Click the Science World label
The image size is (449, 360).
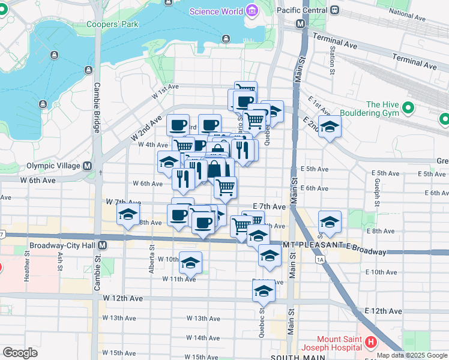coord(216,11)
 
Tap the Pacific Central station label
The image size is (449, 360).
coord(303,11)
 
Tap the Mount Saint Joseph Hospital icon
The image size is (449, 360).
coord(370,343)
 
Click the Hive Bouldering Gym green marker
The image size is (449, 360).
coord(408,109)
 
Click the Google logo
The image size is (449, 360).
coord(20,353)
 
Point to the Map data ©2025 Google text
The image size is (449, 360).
coord(412,355)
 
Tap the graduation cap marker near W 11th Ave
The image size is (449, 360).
coord(191,263)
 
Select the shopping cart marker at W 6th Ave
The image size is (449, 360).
coord(226,187)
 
